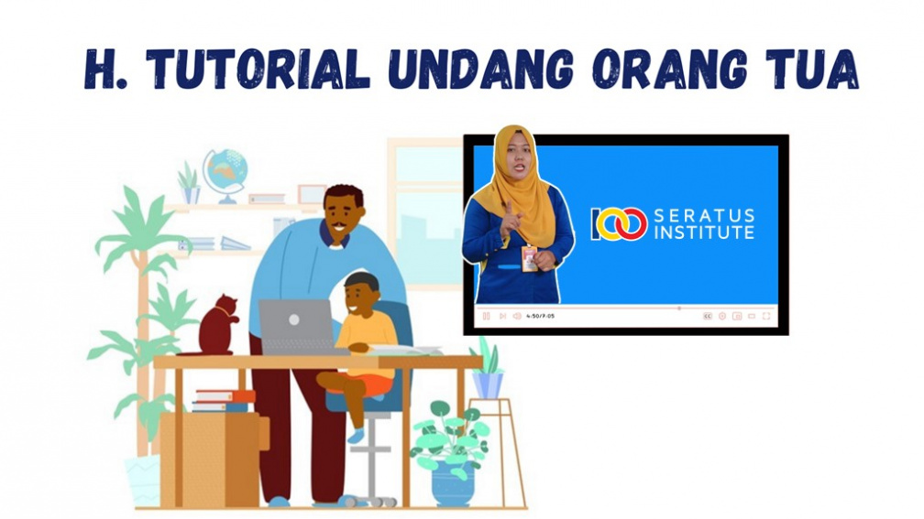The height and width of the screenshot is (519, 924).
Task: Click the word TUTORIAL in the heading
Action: click(258, 69)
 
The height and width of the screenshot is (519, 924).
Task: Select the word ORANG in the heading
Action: click(671, 69)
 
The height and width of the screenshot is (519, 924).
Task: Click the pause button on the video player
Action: click(486, 316)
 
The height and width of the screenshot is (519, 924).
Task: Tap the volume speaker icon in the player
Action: click(517, 316)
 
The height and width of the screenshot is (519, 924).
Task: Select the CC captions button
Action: click(707, 316)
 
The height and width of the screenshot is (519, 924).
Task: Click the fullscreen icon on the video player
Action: click(766, 316)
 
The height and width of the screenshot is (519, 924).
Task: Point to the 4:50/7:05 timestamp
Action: click(541, 316)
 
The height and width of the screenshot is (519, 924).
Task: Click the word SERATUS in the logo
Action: click(704, 215)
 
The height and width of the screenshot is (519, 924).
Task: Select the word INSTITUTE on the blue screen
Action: click(704, 233)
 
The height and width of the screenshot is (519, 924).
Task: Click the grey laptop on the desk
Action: click(296, 327)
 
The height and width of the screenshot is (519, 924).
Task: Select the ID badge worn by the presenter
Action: click(529, 259)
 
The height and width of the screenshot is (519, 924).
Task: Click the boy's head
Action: click(360, 294)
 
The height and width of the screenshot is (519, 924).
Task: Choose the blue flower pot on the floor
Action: click(453, 482)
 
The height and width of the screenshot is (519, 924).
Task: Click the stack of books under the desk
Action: click(224, 401)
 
